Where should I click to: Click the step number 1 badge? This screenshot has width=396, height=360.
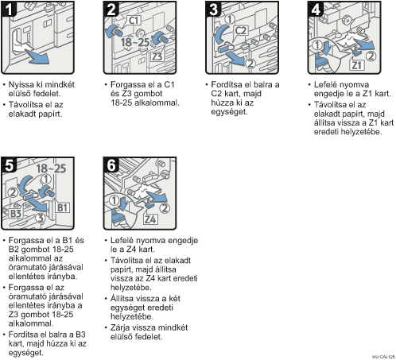click(9, 9)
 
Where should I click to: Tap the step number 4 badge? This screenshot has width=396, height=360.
click(316, 9)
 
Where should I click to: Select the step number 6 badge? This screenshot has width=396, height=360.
click(111, 165)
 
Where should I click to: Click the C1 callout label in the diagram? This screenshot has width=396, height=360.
click(134, 21)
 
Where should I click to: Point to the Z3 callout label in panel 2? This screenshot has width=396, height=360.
click(157, 56)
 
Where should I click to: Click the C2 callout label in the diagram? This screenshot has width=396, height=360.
click(241, 31)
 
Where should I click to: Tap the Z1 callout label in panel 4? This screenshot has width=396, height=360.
click(357, 65)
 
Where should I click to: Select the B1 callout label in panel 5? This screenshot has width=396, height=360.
click(63, 207)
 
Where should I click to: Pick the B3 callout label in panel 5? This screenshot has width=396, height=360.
click(16, 213)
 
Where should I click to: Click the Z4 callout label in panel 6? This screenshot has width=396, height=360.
click(150, 219)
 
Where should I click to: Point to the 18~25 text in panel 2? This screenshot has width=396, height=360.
click(134, 42)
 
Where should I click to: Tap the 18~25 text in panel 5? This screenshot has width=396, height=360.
click(51, 168)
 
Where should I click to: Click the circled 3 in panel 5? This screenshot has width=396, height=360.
click(41, 218)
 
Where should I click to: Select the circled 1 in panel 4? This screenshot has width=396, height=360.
click(317, 45)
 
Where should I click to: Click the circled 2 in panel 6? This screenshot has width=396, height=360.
click(165, 208)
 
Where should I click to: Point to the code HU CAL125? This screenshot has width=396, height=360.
click(383, 357)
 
